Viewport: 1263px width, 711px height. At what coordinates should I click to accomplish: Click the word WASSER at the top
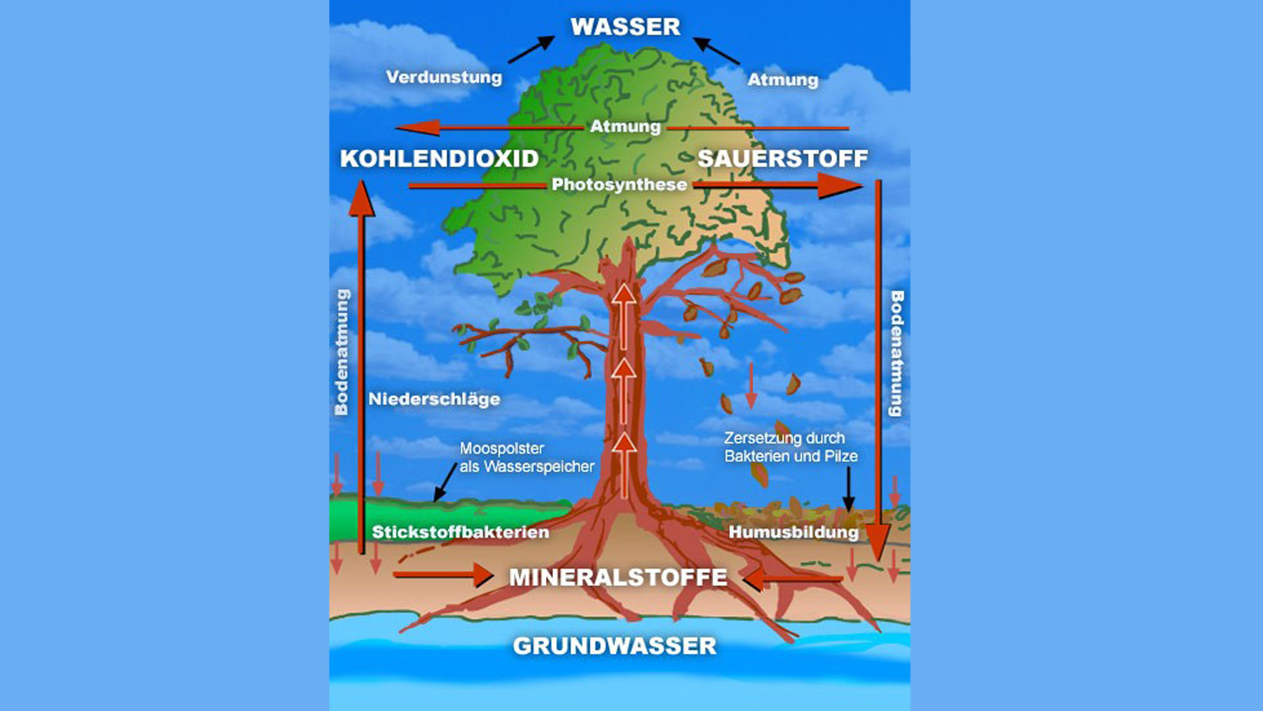click(625, 27)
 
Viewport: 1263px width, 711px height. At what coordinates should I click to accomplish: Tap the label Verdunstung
click(444, 77)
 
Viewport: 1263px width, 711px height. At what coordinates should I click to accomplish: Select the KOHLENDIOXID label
click(439, 159)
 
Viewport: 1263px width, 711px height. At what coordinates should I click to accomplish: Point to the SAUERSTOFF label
click(783, 159)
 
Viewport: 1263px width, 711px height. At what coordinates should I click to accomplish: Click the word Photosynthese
click(619, 184)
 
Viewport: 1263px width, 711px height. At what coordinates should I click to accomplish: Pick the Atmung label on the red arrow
click(625, 126)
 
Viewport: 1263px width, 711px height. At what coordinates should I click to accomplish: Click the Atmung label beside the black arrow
click(783, 80)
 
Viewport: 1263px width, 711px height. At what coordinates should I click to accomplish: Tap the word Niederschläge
click(434, 399)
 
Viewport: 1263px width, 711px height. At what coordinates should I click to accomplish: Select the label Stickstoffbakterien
click(460, 532)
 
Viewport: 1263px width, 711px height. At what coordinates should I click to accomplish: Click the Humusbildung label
click(793, 532)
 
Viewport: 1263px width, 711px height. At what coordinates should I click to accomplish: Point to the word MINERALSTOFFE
click(618, 577)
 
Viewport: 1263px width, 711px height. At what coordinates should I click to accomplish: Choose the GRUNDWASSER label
click(615, 646)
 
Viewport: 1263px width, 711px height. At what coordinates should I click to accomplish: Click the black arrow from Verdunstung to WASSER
click(532, 49)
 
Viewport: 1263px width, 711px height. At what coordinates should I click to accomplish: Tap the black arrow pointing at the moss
click(445, 483)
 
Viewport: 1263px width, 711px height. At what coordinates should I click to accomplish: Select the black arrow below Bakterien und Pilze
click(849, 489)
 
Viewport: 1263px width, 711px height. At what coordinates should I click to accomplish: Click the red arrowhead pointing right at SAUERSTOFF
click(839, 186)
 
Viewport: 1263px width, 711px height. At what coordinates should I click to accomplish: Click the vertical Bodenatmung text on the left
click(341, 352)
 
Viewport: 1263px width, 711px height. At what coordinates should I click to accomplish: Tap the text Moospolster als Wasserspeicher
click(526, 458)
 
